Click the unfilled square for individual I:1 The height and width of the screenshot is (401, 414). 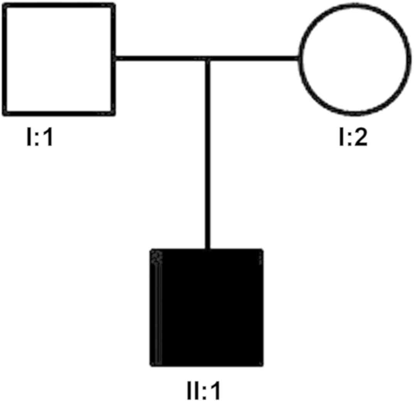[x=59, y=59]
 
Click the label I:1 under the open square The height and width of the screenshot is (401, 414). [x=39, y=138]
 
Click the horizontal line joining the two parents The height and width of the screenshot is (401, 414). [x=162, y=59]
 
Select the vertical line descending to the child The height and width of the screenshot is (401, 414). [x=208, y=154]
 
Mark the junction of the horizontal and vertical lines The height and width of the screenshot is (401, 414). [x=208, y=59]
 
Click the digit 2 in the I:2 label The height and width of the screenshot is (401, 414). [x=360, y=138]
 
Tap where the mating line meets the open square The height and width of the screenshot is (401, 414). [x=115, y=59]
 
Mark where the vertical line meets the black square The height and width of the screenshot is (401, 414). [x=208, y=249]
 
